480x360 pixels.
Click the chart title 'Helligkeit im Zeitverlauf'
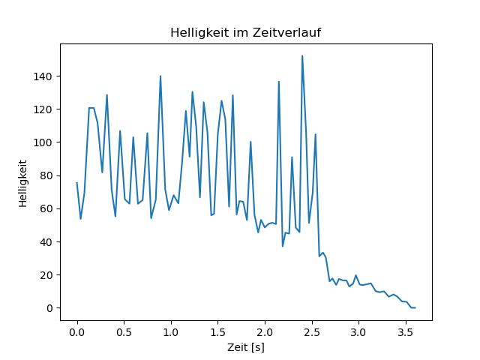[245, 32]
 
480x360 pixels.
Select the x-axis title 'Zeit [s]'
[245, 347]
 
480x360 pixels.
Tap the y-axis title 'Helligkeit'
[23, 184]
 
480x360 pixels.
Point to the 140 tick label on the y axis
[43, 76]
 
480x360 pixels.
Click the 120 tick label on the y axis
[43, 109]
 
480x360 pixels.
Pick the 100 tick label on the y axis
[43, 142]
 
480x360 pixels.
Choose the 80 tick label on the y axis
[46, 175]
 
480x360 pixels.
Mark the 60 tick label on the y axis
[46, 208]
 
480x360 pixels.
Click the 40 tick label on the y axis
[46, 241]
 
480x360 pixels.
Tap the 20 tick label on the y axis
[46, 275]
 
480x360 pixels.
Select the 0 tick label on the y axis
[49, 308]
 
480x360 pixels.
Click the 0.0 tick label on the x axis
[77, 332]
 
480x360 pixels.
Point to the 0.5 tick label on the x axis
[124, 332]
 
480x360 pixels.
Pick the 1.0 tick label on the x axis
[171, 332]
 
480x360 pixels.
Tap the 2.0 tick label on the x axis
[265, 332]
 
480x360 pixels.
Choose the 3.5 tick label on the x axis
[405, 332]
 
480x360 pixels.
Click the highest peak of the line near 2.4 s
[302, 55]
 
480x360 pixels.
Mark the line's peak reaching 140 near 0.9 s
[160, 76]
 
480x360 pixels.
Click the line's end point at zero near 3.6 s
[415, 307]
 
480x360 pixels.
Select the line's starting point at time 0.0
[76, 183]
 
